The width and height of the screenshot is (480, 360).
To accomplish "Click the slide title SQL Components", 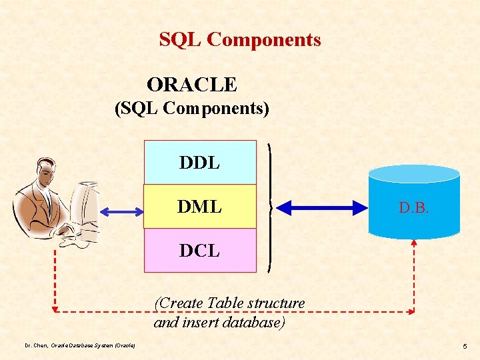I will pyautogui.click(x=240, y=40).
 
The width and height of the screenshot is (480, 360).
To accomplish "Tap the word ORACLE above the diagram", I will pyautogui.click(x=192, y=85).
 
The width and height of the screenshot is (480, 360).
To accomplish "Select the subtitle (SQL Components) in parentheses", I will pyautogui.click(x=192, y=108).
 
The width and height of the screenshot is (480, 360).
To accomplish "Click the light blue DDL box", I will pyautogui.click(x=200, y=162).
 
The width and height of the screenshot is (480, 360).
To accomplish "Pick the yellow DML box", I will pyautogui.click(x=200, y=207).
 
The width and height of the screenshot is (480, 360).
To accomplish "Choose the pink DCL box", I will pyautogui.click(x=200, y=251).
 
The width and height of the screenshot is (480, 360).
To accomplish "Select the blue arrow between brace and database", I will pyautogui.click(x=319, y=207).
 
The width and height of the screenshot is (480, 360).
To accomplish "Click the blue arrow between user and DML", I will pyautogui.click(x=121, y=211).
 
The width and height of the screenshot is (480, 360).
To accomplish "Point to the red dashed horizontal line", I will pyautogui.click(x=233, y=311).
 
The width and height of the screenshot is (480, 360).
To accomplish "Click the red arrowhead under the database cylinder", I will pyautogui.click(x=414, y=244).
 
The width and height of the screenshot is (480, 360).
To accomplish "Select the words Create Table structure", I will pyautogui.click(x=230, y=303).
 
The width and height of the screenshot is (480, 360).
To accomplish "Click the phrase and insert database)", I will pyautogui.click(x=219, y=323).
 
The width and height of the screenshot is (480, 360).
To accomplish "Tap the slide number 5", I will pyautogui.click(x=465, y=347).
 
